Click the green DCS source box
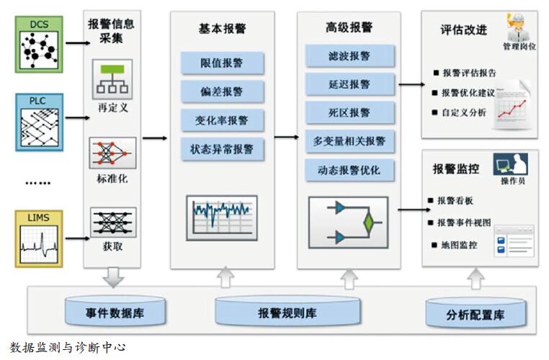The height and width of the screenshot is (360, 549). pyautogui.click(x=39, y=45)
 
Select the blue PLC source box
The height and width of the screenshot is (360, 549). pyautogui.click(x=39, y=122)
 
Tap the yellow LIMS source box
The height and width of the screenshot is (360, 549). pyautogui.click(x=39, y=236)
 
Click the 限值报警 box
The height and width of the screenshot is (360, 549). pyautogui.click(x=222, y=63)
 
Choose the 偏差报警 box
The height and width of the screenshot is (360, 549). pyautogui.click(x=222, y=92)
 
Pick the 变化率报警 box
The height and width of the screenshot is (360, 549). pyautogui.click(x=222, y=121)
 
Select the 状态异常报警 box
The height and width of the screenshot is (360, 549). pyautogui.click(x=222, y=150)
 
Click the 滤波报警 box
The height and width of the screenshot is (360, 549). pyautogui.click(x=349, y=55)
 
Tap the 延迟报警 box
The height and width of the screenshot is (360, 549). pyautogui.click(x=349, y=84)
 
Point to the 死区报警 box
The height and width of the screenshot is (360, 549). pyautogui.click(x=349, y=113)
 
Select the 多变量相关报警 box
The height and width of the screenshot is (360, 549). pyautogui.click(x=349, y=141)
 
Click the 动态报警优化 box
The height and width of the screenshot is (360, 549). pyautogui.click(x=349, y=171)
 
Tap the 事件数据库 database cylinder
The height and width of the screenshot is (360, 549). pyautogui.click(x=117, y=313)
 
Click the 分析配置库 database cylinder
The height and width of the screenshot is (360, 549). pyautogui.click(x=476, y=315)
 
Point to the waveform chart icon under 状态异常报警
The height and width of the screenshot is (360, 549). pyautogui.click(x=221, y=215)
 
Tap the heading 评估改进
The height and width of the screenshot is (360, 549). pyautogui.click(x=463, y=30)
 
